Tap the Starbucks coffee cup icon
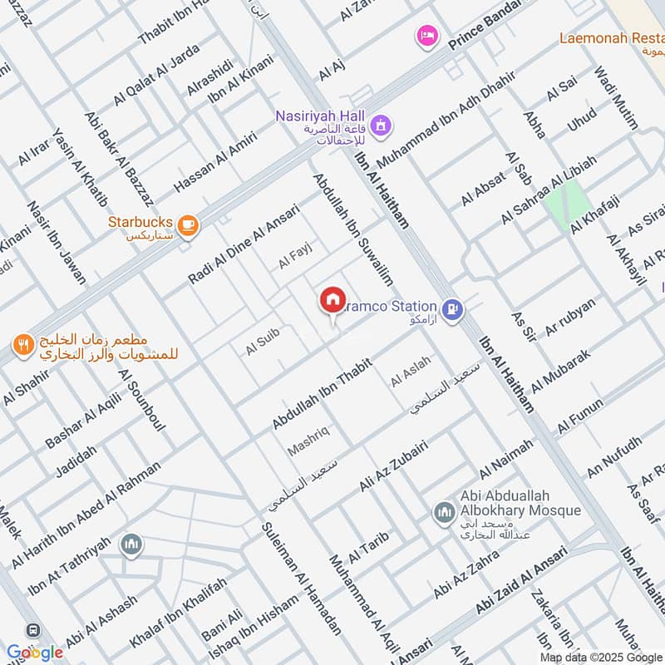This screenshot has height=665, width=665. click(189, 224)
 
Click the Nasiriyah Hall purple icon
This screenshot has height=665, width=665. click(381, 126)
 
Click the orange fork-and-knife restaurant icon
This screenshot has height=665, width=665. click(22, 343)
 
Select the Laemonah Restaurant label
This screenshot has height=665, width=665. click(612, 38)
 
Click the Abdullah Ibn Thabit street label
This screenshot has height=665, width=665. click(321, 390)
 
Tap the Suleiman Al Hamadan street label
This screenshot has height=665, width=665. click(301, 577)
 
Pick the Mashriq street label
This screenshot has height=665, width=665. click(308, 441)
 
